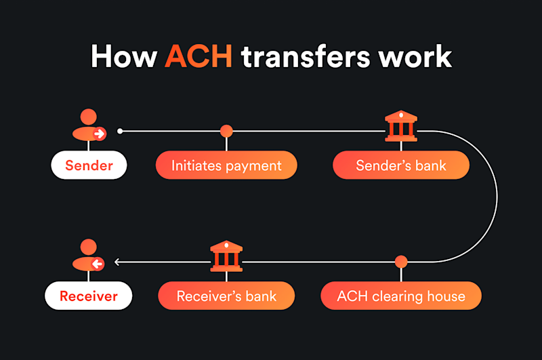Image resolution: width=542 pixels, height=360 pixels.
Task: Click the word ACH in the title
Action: (199, 56)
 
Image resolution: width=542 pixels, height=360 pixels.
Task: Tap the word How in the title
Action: (124, 56)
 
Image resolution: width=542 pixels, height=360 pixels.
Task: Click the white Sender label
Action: (89, 165)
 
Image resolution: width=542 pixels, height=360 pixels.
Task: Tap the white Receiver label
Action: (89, 296)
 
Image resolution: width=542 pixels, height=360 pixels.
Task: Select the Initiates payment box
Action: (226, 165)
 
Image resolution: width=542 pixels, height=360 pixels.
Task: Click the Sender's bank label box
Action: (401, 165)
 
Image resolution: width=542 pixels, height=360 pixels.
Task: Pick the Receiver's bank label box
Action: (226, 296)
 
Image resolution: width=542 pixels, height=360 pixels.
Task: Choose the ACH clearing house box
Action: (401, 296)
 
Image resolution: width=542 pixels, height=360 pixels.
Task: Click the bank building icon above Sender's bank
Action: (401, 126)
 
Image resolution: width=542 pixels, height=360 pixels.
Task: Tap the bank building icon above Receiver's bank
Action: (226, 257)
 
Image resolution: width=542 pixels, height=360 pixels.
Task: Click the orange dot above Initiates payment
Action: (226, 131)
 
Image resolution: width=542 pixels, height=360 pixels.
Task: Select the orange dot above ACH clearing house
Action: (401, 262)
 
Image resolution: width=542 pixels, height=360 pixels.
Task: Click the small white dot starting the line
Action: (120, 131)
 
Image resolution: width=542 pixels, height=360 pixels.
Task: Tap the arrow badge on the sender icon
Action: (100, 134)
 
